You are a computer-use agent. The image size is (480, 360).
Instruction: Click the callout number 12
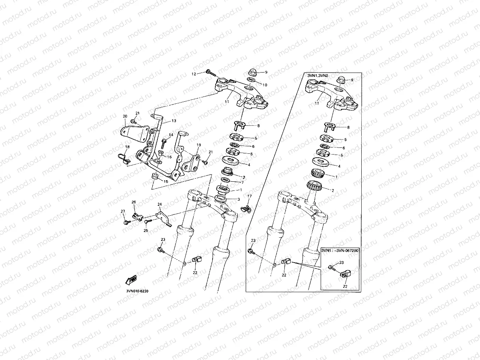(x=194, y=74)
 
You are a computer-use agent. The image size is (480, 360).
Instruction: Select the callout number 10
(x=265, y=85)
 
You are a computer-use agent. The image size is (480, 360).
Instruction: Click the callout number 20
(x=125, y=116)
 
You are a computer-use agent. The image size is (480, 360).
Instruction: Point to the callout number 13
(x=174, y=121)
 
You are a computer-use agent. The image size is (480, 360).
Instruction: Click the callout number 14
(x=171, y=135)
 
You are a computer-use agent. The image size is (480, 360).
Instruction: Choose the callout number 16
(x=169, y=157)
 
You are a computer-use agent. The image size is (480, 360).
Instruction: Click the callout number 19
(x=199, y=145)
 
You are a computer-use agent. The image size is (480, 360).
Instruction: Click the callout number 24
(x=160, y=205)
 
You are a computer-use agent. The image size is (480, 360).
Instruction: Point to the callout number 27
(x=123, y=212)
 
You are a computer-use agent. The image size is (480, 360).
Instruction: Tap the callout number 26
(x=133, y=202)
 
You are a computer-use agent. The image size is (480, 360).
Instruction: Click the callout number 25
(x=145, y=231)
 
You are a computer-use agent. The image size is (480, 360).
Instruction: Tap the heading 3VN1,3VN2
(x=318, y=75)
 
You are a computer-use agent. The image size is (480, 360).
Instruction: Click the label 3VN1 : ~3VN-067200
(x=340, y=250)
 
